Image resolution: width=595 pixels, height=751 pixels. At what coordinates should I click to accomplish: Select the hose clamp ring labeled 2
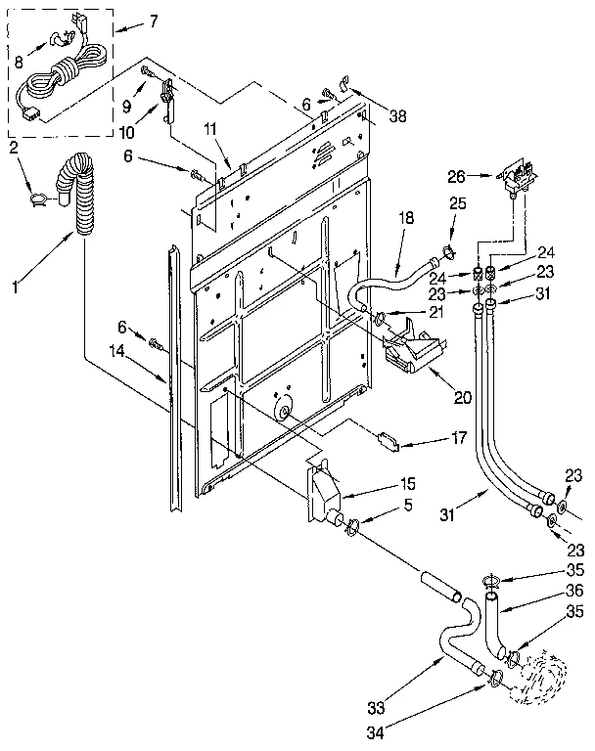coord(38,199)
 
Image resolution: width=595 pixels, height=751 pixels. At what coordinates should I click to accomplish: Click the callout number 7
coord(154,22)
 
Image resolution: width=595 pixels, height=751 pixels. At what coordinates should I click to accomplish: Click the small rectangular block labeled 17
coord(389,439)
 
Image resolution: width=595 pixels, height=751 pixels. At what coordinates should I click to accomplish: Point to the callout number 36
coord(575,590)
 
